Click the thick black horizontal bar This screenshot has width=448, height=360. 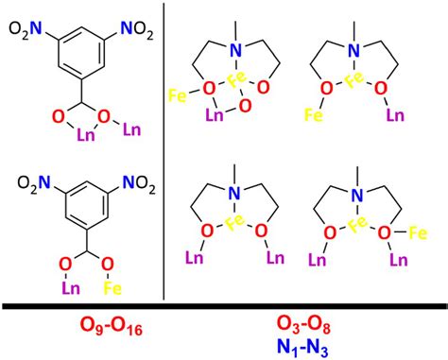(224, 304)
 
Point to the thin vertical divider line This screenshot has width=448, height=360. (165, 151)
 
